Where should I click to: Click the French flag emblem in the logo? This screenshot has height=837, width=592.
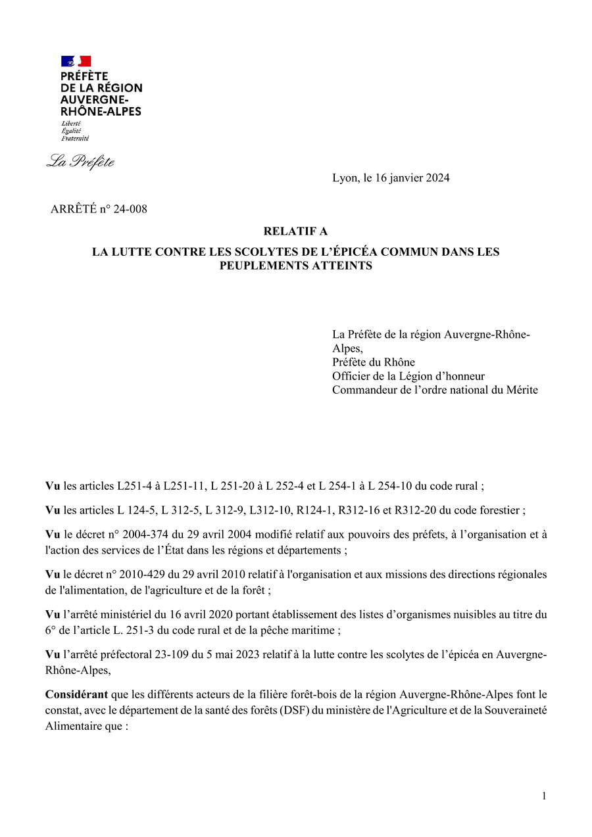point(76,61)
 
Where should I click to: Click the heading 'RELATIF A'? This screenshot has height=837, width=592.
point(295,231)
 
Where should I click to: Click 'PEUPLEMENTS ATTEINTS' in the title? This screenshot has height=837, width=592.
point(295,266)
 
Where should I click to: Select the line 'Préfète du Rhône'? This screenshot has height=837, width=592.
point(374,362)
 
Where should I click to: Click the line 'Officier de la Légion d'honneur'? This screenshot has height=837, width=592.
point(408,376)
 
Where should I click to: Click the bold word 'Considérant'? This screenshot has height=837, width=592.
point(76,694)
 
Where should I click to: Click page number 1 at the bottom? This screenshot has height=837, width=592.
point(544,796)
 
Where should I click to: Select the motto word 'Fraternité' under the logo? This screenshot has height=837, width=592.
point(75,139)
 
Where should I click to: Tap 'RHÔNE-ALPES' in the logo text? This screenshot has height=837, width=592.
point(101,112)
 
